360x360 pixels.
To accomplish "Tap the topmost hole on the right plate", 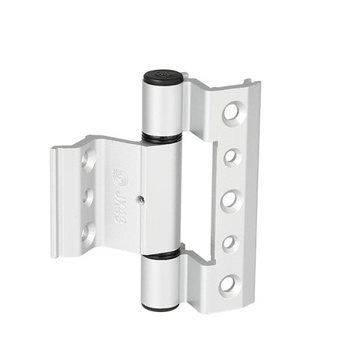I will click(x=231, y=113).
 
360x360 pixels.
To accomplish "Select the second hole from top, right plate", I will click(x=232, y=157).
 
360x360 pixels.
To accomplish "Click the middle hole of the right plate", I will click(x=230, y=200).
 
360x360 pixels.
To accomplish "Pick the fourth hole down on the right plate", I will click(x=231, y=243).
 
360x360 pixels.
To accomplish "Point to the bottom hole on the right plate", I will click(x=229, y=284).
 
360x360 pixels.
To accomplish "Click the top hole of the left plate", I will click(x=88, y=159).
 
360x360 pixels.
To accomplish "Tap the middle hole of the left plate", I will click(x=88, y=196).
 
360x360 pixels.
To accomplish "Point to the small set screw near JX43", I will click(x=140, y=199).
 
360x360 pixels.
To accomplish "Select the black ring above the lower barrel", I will click(x=161, y=255).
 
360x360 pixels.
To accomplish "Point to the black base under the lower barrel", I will click(x=161, y=306).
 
